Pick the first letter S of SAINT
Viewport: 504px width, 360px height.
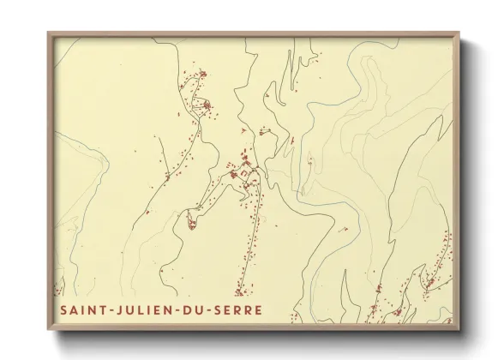[x=64, y=309]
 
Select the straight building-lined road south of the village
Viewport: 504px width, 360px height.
[x=249, y=240]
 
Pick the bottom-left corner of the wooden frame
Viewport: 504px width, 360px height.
[x=49, y=331]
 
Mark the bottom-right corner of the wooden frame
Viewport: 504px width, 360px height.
[x=459, y=331]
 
